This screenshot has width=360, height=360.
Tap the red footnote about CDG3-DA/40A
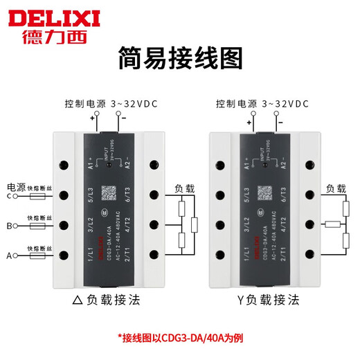point(179,339)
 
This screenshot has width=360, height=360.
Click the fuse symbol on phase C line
point(34,197)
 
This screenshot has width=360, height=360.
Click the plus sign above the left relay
point(91,118)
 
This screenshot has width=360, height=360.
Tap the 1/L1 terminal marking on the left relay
point(91,257)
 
